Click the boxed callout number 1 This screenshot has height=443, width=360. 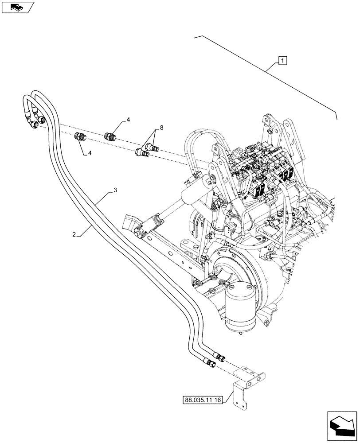coord(282,60)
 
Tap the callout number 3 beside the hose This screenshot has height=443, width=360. coord(115,190)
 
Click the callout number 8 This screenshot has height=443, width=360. coord(161,128)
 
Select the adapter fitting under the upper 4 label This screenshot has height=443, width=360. coord(110,136)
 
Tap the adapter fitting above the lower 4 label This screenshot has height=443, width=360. coord(80,137)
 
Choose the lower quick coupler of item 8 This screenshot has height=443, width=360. coord(141,152)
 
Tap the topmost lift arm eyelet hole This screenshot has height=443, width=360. coord(268,120)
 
